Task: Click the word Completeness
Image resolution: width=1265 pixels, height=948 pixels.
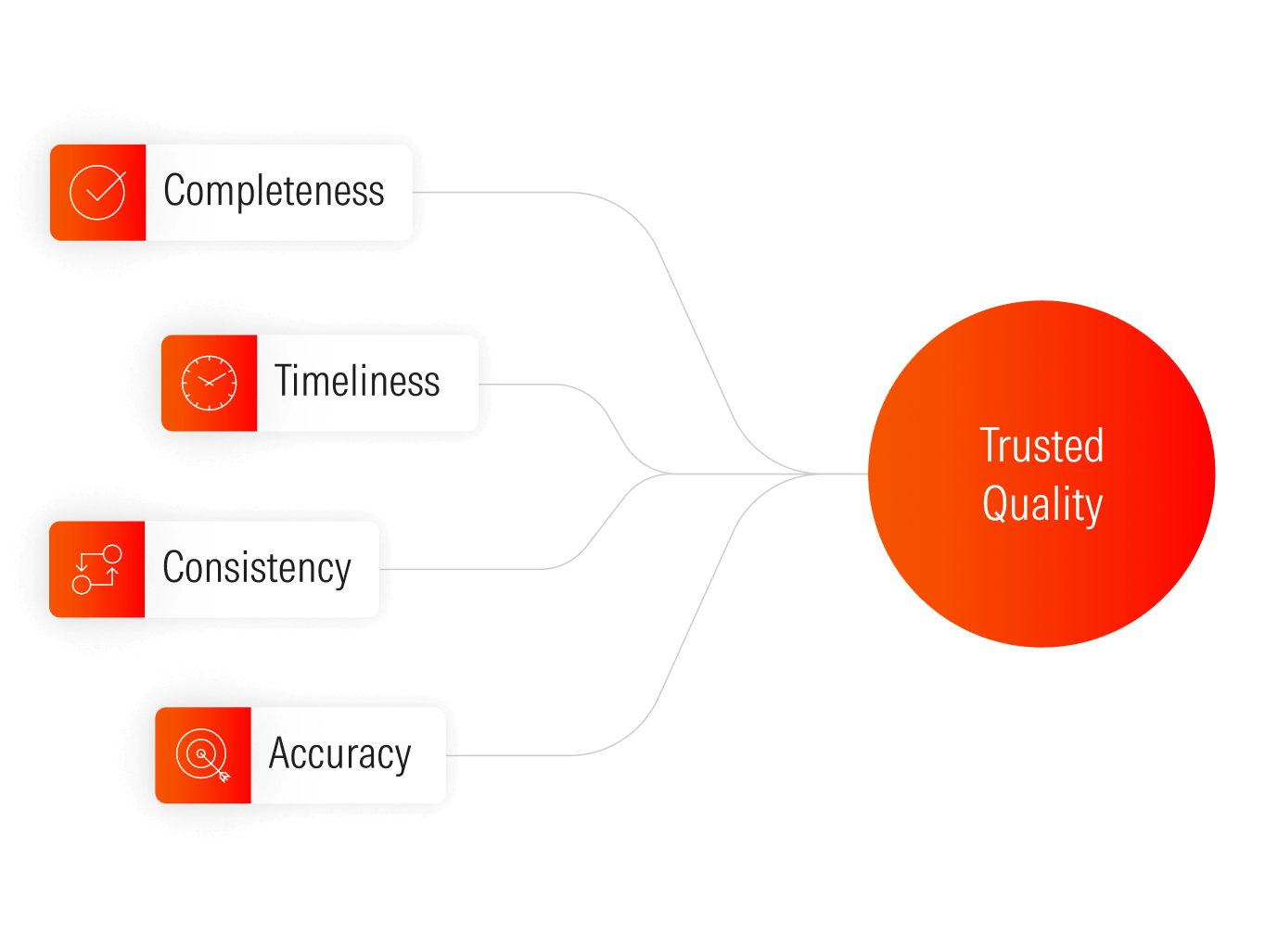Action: [x=274, y=192]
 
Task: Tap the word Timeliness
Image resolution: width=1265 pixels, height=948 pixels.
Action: [x=357, y=382]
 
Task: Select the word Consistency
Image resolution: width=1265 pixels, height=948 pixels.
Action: [x=257, y=568]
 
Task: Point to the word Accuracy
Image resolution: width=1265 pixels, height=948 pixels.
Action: [x=339, y=754]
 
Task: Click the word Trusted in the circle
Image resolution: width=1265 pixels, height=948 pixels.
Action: [x=1041, y=446]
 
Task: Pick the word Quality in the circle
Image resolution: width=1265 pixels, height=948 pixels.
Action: [x=1042, y=505]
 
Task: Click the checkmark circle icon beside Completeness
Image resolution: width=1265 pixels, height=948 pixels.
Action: [x=97, y=193]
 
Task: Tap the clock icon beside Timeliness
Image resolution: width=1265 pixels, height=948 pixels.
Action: [x=209, y=383]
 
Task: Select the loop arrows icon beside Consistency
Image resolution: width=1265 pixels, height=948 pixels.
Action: [x=96, y=569]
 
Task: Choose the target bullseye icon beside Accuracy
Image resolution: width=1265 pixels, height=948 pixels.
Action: [x=202, y=755]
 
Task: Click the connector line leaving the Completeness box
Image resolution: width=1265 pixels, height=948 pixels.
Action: [x=501, y=192]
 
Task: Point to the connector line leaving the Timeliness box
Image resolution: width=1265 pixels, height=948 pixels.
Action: [x=529, y=384]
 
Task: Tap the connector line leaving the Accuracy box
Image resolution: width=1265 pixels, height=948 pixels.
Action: [x=519, y=755]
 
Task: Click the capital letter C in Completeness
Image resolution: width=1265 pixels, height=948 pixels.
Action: [x=174, y=191]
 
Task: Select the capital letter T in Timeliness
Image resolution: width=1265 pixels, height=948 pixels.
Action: [x=284, y=381]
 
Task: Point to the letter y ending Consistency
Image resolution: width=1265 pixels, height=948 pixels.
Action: [x=343, y=572]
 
